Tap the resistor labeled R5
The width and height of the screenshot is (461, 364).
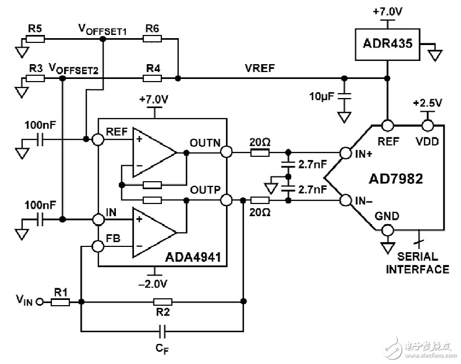point(36,39)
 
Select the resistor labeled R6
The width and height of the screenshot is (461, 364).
point(152,39)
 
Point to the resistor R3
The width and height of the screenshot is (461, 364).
point(36,78)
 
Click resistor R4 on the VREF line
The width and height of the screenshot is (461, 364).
point(152,78)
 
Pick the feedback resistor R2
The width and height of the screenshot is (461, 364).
point(161,301)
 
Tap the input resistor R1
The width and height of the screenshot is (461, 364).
point(61,302)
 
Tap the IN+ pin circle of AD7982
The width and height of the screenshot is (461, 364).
point(346,153)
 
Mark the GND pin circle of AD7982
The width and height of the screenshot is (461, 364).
point(387,230)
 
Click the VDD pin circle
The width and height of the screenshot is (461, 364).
point(428,126)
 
